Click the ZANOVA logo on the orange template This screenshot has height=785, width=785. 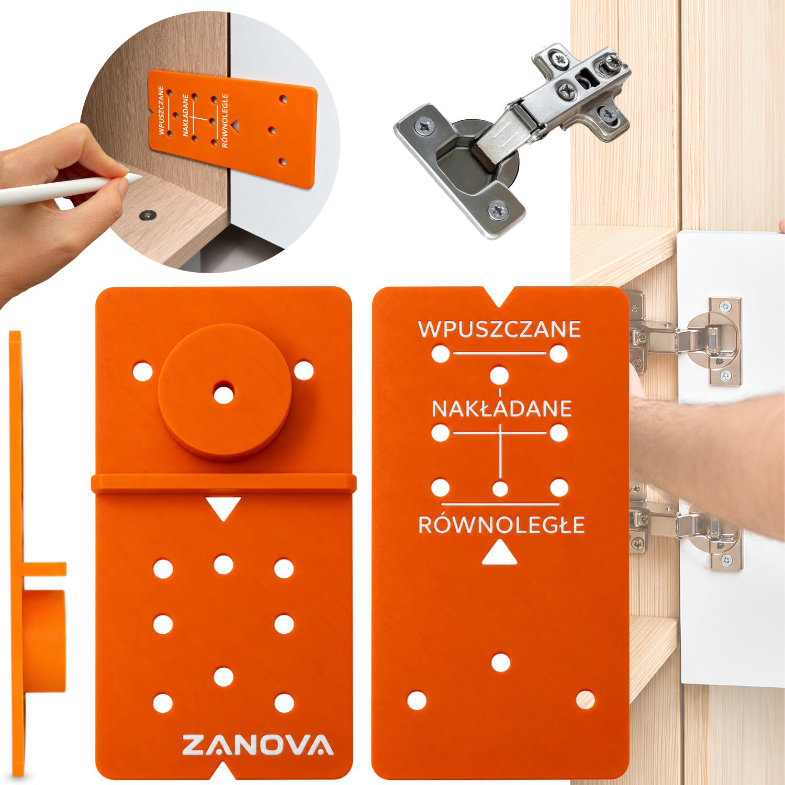(257, 745)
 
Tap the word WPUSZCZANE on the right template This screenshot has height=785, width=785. (499, 329)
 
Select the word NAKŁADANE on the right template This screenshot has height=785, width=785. (501, 408)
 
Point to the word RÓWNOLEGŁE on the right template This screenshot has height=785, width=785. (501, 524)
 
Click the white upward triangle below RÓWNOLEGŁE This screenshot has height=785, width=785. (499, 554)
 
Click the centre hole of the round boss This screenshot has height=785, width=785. (223, 394)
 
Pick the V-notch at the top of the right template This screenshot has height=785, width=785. (500, 296)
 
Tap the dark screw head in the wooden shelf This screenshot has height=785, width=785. (148, 215)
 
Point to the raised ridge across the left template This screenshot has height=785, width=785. (223, 484)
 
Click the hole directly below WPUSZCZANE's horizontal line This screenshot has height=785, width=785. (499, 375)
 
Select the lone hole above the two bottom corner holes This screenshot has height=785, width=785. (501, 663)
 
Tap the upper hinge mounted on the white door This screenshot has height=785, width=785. (686, 340)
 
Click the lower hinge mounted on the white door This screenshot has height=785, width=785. (686, 529)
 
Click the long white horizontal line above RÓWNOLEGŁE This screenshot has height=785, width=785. (500, 504)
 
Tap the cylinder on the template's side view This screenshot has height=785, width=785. (44, 641)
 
